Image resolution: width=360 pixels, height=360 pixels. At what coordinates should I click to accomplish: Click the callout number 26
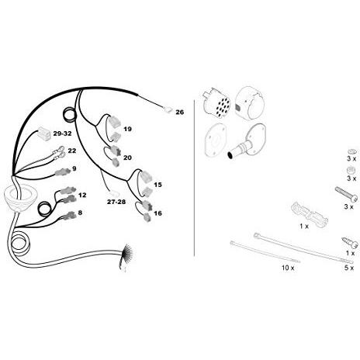pyautogui.click(x=180, y=112)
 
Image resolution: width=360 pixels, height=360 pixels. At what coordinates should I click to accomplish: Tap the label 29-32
pyautogui.click(x=62, y=133)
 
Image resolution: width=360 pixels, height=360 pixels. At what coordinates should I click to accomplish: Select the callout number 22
pyautogui.click(x=72, y=151)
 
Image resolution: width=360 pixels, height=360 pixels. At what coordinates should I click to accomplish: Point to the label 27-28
pyautogui.click(x=116, y=202)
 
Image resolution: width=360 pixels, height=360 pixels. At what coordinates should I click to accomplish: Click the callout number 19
pyautogui.click(x=127, y=129)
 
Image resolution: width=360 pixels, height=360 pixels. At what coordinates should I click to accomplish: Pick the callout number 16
pyautogui.click(x=157, y=213)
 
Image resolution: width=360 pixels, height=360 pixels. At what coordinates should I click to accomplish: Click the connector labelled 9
pyautogui.click(x=62, y=171)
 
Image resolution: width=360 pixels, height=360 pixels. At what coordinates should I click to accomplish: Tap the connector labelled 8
pyautogui.click(x=68, y=216)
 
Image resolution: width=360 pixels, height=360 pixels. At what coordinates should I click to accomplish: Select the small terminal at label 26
pyautogui.click(x=168, y=111)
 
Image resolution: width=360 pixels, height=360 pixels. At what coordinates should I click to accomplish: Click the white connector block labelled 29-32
pyautogui.click(x=44, y=134)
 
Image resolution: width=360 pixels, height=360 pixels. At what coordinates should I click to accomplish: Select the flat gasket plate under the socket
pyautogui.click(x=216, y=142)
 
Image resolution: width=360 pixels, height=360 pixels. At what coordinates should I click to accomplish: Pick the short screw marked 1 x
pyautogui.click(x=351, y=243)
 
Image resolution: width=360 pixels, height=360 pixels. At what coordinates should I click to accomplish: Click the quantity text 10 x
pyautogui.click(x=288, y=268)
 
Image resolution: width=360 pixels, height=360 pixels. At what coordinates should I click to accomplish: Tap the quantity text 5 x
pyautogui.click(x=349, y=268)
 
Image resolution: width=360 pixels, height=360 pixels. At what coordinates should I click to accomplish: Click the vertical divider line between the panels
pyautogui.click(x=194, y=178)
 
